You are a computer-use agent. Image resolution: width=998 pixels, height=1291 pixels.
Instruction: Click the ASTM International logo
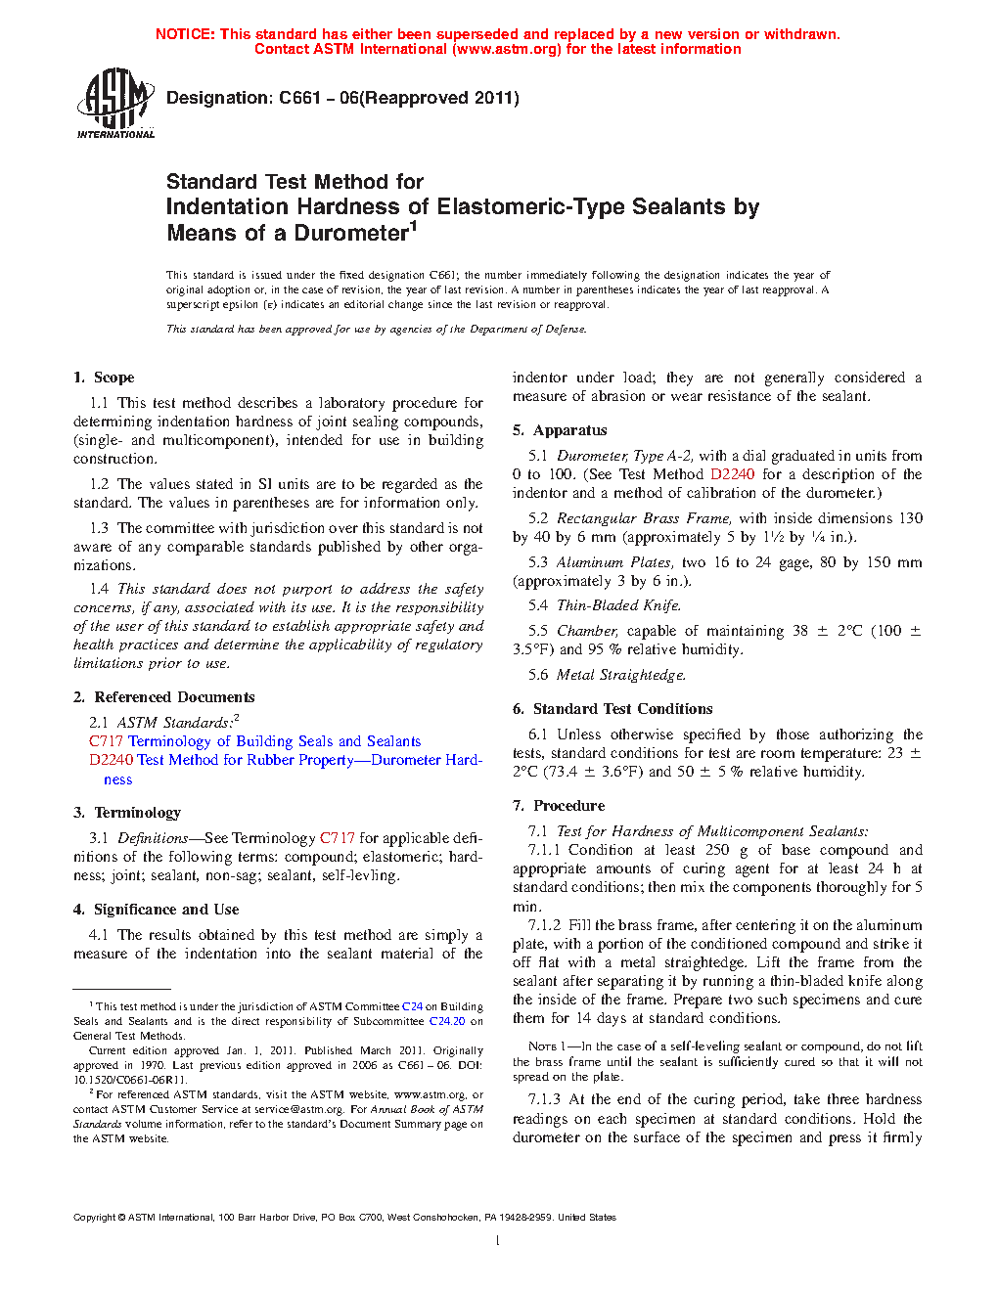click(115, 103)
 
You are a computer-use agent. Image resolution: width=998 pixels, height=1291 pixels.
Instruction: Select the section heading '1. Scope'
click(104, 378)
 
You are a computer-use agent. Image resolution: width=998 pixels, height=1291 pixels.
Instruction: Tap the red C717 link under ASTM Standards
click(105, 741)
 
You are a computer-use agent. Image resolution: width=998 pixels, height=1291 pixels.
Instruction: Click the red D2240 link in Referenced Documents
click(112, 760)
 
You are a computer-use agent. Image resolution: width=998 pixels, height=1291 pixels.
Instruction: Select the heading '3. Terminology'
click(127, 813)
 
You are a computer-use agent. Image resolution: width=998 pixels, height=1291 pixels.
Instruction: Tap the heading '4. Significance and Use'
click(157, 910)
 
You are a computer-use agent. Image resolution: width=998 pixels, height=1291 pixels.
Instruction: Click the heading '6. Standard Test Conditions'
click(612, 709)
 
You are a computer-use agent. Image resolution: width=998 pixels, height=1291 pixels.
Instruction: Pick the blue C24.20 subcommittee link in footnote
click(446, 1021)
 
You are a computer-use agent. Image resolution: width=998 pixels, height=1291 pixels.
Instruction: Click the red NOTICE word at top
click(184, 34)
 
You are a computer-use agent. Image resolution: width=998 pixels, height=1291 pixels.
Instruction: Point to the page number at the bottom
click(498, 1241)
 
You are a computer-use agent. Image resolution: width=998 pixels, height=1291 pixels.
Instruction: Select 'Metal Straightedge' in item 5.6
click(620, 675)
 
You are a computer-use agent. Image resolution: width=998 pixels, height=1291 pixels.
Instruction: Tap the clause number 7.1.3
click(544, 1099)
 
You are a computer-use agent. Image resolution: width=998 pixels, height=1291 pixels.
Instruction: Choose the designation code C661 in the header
click(299, 98)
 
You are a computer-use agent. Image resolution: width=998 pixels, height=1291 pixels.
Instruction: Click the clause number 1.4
click(99, 589)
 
